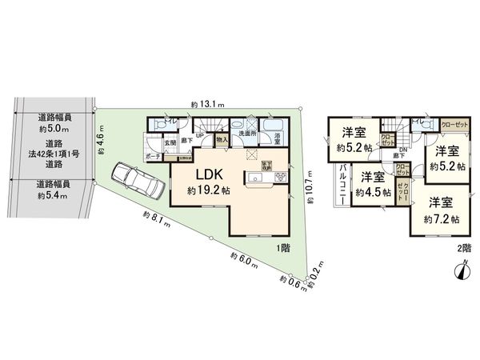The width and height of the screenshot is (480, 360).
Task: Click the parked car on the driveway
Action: pos(138,182)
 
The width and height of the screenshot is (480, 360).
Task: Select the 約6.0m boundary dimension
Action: pos(242,261)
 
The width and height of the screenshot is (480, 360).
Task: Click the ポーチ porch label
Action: pos(154,157)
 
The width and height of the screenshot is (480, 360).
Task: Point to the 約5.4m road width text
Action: pos(53,194)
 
